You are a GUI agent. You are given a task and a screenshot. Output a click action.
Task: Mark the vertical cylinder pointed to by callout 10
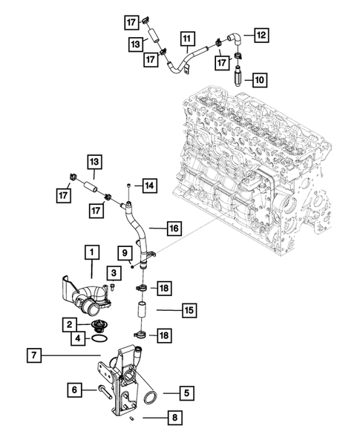point(238,77)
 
